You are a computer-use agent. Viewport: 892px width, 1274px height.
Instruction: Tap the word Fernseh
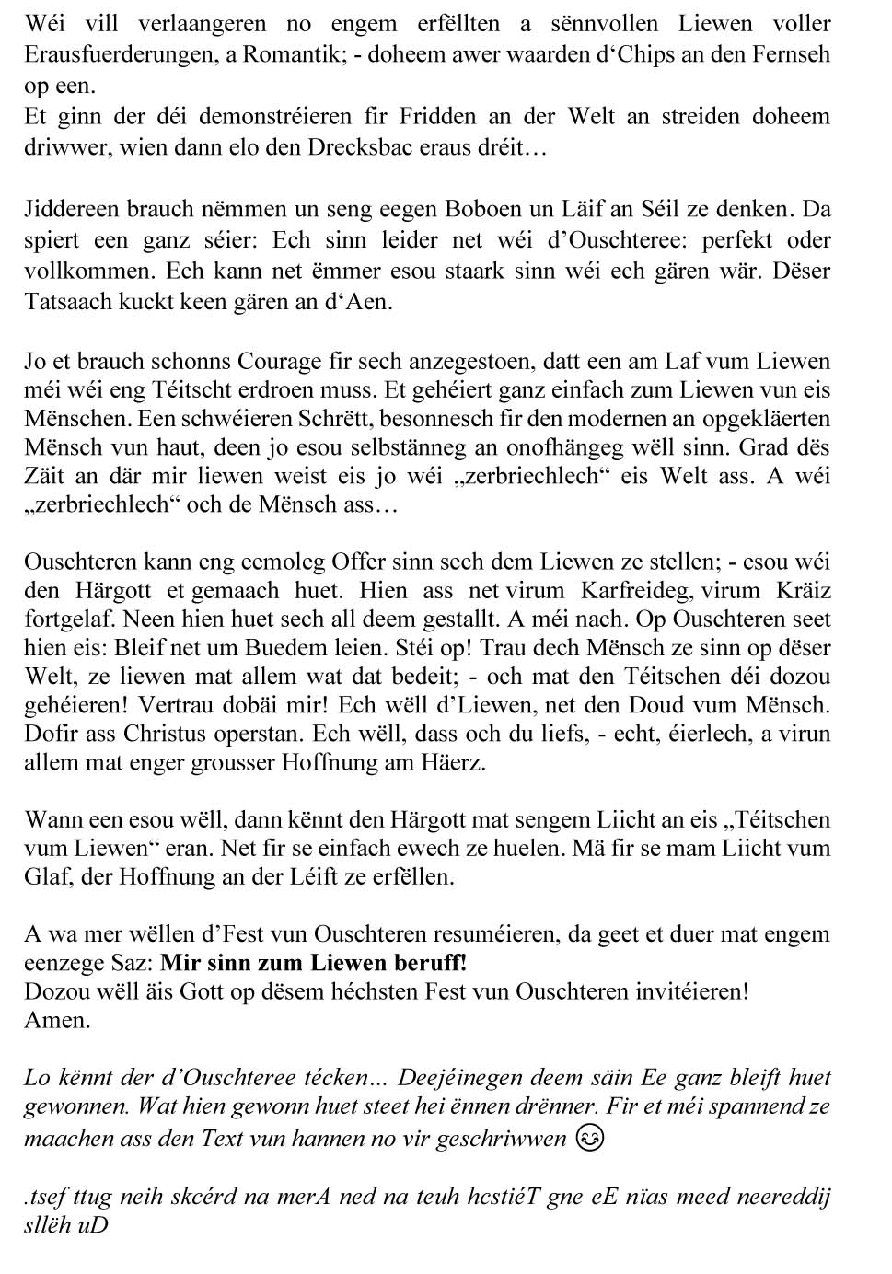789,55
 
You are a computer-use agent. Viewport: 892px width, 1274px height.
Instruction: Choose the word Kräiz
804,590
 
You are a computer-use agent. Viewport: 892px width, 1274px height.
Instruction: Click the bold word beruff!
416,963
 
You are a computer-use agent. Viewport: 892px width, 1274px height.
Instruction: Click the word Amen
57,1020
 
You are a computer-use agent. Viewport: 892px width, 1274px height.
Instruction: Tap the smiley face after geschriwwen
589,1138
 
